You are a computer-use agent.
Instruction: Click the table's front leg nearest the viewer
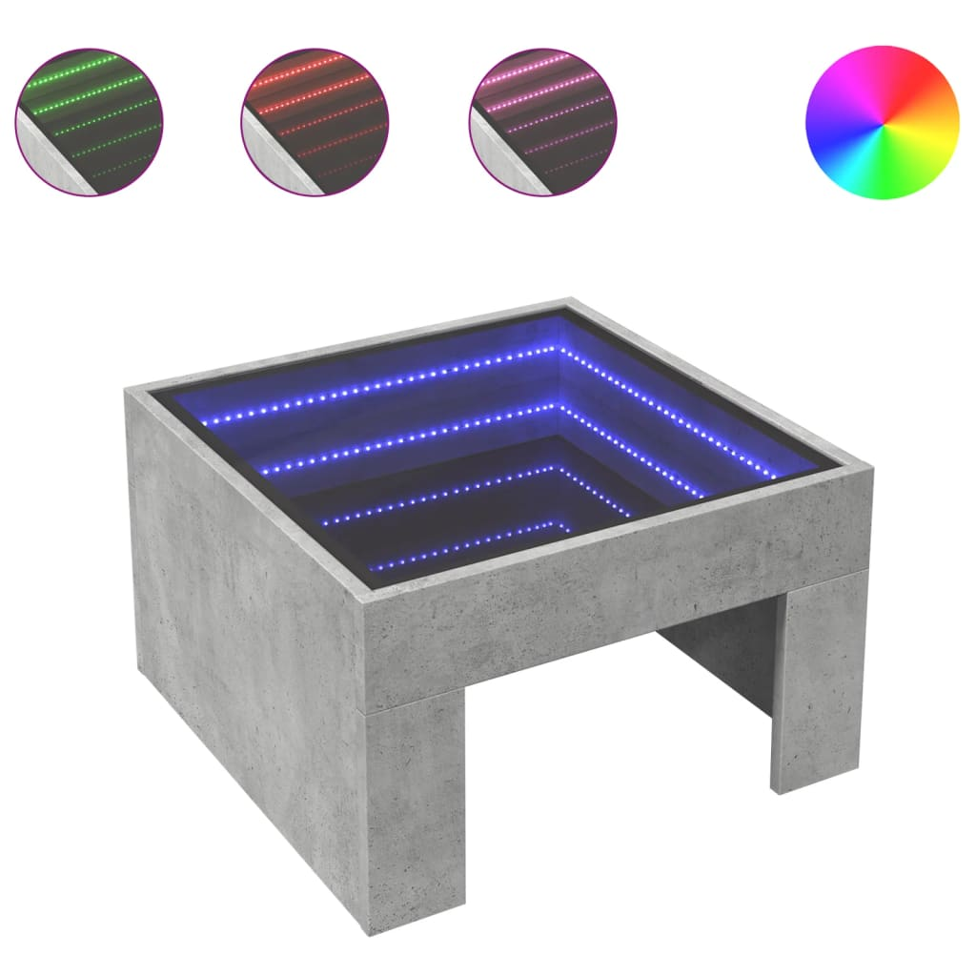pos(415,810)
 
